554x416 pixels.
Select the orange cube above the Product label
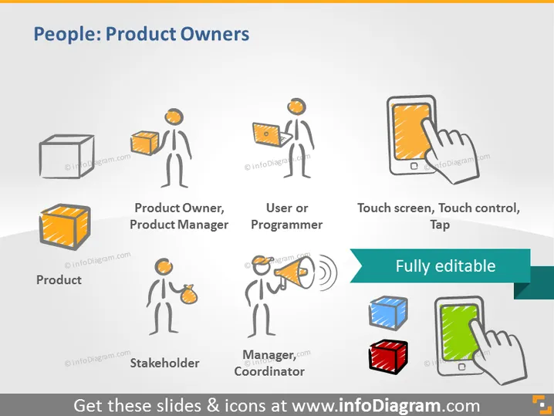[65, 227]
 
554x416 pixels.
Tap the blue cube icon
[388, 313]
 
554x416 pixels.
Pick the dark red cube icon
[388, 357]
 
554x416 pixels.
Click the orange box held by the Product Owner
[144, 143]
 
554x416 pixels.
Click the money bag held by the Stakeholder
[189, 294]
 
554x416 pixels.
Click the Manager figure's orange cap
[262, 261]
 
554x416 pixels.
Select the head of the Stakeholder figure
[164, 267]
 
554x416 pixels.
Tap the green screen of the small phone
[458, 333]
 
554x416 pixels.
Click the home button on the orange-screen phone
[414, 166]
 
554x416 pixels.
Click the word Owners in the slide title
[215, 34]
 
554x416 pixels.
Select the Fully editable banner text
[445, 266]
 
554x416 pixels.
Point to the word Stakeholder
[164, 363]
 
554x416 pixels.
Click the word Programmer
[286, 225]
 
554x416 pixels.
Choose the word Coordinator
[269, 371]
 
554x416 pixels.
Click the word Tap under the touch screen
[440, 225]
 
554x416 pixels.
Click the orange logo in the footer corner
[542, 404]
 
